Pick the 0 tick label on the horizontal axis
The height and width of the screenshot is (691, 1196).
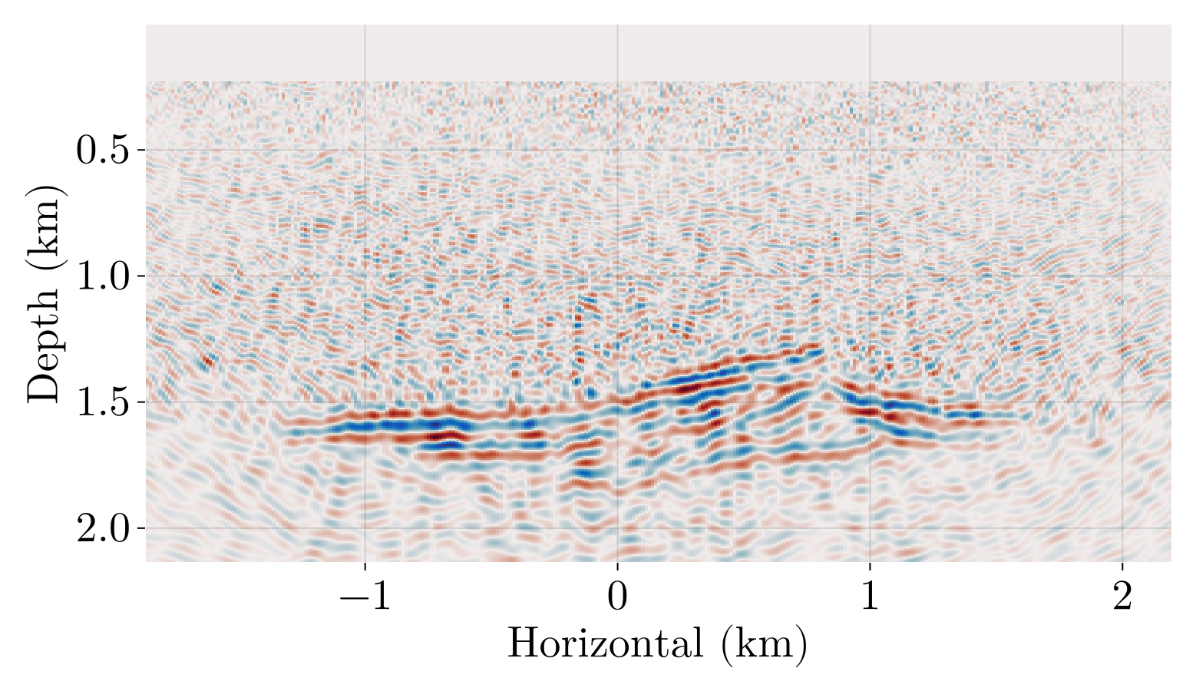tap(617, 597)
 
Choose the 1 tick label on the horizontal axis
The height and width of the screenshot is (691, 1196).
tap(870, 597)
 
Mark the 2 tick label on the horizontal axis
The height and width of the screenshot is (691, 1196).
tap(1122, 597)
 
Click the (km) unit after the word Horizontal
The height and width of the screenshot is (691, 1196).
tap(764, 643)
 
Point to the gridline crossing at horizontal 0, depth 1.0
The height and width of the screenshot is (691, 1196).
tap(617, 276)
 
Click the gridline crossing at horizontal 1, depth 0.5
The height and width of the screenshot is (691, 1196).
tap(870, 150)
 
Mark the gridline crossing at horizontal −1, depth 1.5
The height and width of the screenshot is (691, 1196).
tap(365, 402)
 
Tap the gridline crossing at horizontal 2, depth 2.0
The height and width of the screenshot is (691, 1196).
tap(1122, 528)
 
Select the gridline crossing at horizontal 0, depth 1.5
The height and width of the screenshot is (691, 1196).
tap(617, 402)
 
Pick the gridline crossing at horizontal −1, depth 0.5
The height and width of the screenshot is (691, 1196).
tap(365, 150)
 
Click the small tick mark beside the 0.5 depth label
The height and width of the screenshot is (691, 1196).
tap(140, 150)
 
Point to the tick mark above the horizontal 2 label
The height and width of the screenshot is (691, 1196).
tap(1122, 567)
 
